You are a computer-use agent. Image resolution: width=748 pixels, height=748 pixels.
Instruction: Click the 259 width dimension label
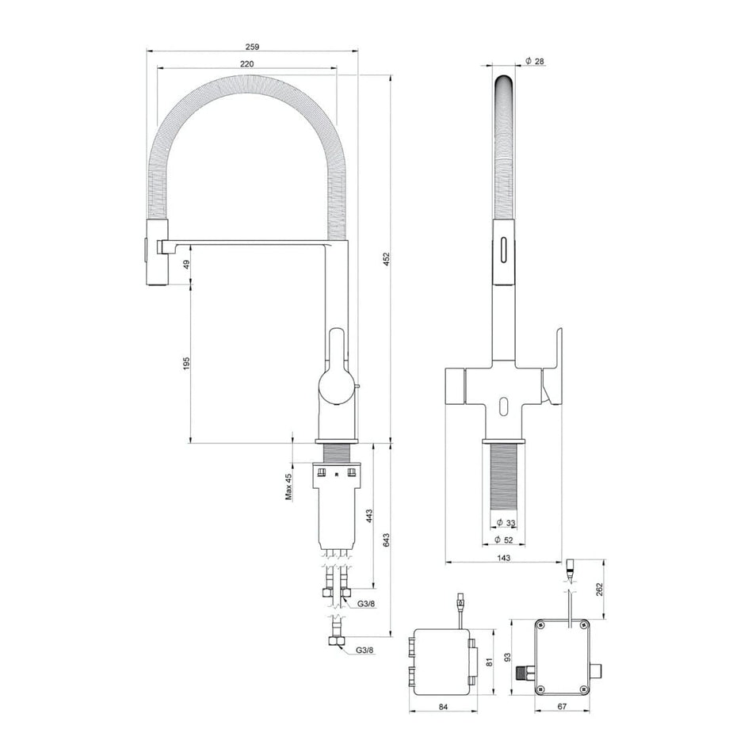click(x=252, y=47)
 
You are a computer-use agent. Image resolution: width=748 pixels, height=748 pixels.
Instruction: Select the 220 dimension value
click(x=246, y=64)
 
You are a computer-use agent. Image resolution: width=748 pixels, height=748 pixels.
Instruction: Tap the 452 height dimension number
click(x=387, y=259)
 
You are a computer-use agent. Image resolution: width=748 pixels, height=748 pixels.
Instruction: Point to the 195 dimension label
click(x=186, y=363)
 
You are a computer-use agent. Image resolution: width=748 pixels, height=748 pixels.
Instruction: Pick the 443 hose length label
click(x=368, y=517)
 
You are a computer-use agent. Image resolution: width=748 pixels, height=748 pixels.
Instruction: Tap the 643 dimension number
click(x=387, y=540)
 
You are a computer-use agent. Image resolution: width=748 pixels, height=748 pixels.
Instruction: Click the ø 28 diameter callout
click(x=534, y=61)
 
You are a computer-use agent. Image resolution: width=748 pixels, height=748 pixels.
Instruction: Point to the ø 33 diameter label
click(x=506, y=523)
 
